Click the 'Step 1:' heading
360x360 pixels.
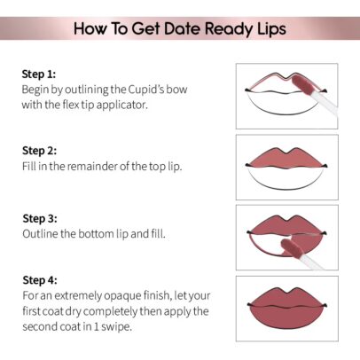click(x=39, y=74)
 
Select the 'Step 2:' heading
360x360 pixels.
click(x=39, y=151)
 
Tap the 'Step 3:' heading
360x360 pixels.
click(x=40, y=219)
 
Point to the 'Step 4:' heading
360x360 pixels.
click(x=40, y=280)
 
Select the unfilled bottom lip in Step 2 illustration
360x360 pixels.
click(x=286, y=179)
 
